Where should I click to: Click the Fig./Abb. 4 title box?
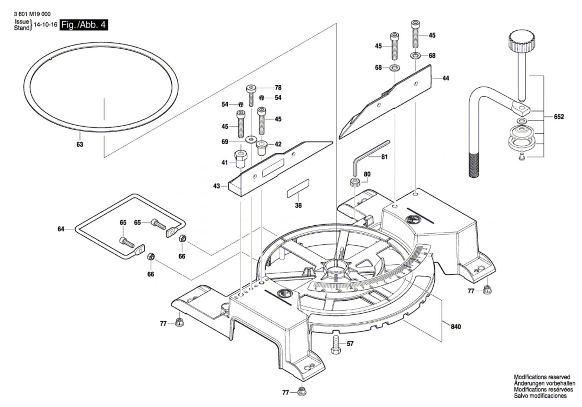84,25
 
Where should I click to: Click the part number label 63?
80,144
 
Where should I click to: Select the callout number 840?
455,327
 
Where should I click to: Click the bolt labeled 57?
335,344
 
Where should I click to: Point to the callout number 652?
559,117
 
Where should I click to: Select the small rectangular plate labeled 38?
298,188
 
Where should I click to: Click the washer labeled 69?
250,139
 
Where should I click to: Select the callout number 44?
446,78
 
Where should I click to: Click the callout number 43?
217,186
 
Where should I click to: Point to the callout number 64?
61,229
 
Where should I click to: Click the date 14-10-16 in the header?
45,25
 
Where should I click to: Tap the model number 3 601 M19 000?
32,14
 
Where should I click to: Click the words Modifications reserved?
542,377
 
